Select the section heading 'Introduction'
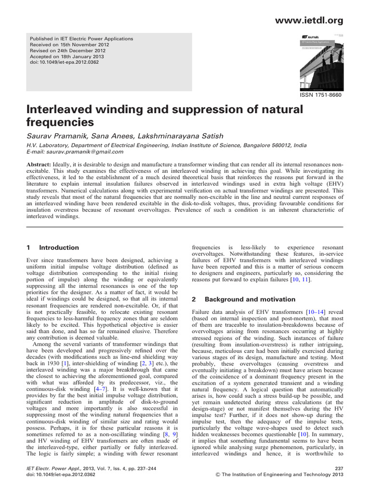point(59,247)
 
